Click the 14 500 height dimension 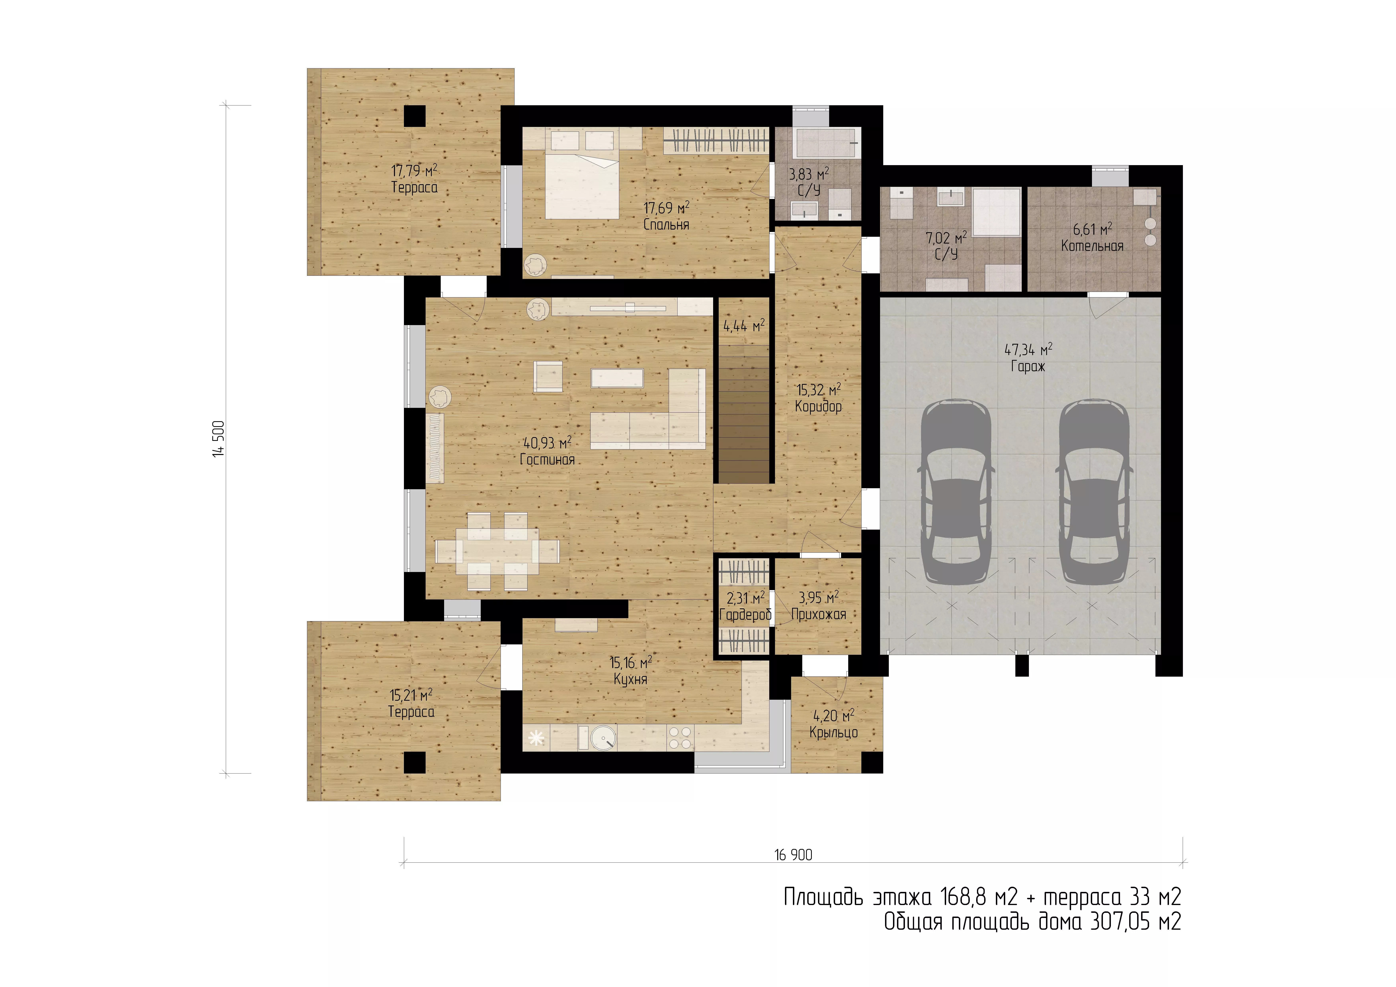(x=219, y=438)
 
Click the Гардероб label (x=745, y=615)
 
